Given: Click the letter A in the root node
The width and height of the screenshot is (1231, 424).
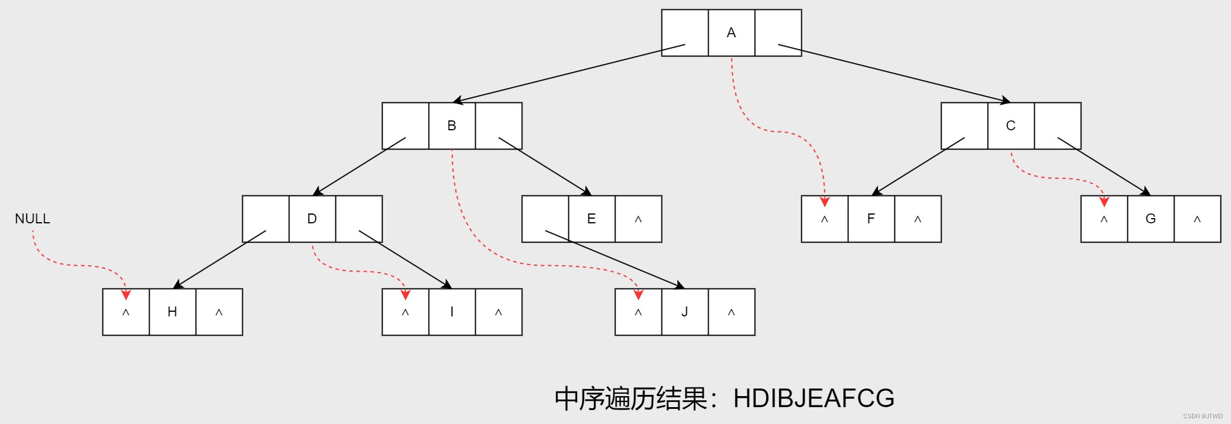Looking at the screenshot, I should [x=731, y=33].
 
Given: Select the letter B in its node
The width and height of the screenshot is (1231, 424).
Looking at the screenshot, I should [x=452, y=126].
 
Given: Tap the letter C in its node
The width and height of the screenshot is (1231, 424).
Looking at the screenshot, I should [x=1011, y=126].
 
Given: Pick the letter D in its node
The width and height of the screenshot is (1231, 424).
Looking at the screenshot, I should [x=312, y=219].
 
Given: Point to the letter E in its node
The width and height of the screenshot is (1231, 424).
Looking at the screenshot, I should [x=592, y=219].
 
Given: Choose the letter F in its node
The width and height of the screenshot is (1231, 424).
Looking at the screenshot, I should [x=871, y=219].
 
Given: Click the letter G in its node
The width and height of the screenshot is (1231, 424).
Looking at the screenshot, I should [x=1151, y=219].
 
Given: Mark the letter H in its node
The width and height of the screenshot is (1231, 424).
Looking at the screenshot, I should [x=172, y=312].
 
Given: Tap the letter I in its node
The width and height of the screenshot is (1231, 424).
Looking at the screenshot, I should [x=452, y=312].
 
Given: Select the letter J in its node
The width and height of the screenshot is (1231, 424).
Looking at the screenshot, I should [x=685, y=312].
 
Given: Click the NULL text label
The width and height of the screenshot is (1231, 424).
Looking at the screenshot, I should [x=33, y=219].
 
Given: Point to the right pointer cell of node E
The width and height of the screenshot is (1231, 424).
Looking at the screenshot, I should [x=638, y=219].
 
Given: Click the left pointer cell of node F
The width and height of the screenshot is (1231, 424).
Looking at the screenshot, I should [x=825, y=219].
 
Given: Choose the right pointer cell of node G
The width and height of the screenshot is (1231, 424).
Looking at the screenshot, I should [x=1197, y=219].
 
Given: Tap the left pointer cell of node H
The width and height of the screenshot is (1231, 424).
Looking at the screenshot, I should [x=126, y=312].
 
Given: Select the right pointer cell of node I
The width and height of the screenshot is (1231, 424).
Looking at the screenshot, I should [x=498, y=312].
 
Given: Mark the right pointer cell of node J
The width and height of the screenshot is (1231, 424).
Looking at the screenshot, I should [x=731, y=312].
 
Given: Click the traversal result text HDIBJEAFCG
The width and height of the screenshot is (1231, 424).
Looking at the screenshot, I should [x=813, y=398].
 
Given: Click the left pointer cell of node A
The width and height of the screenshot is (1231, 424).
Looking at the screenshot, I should [x=685, y=33].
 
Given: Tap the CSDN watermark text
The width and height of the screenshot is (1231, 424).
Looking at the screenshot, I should [x=1202, y=416].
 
